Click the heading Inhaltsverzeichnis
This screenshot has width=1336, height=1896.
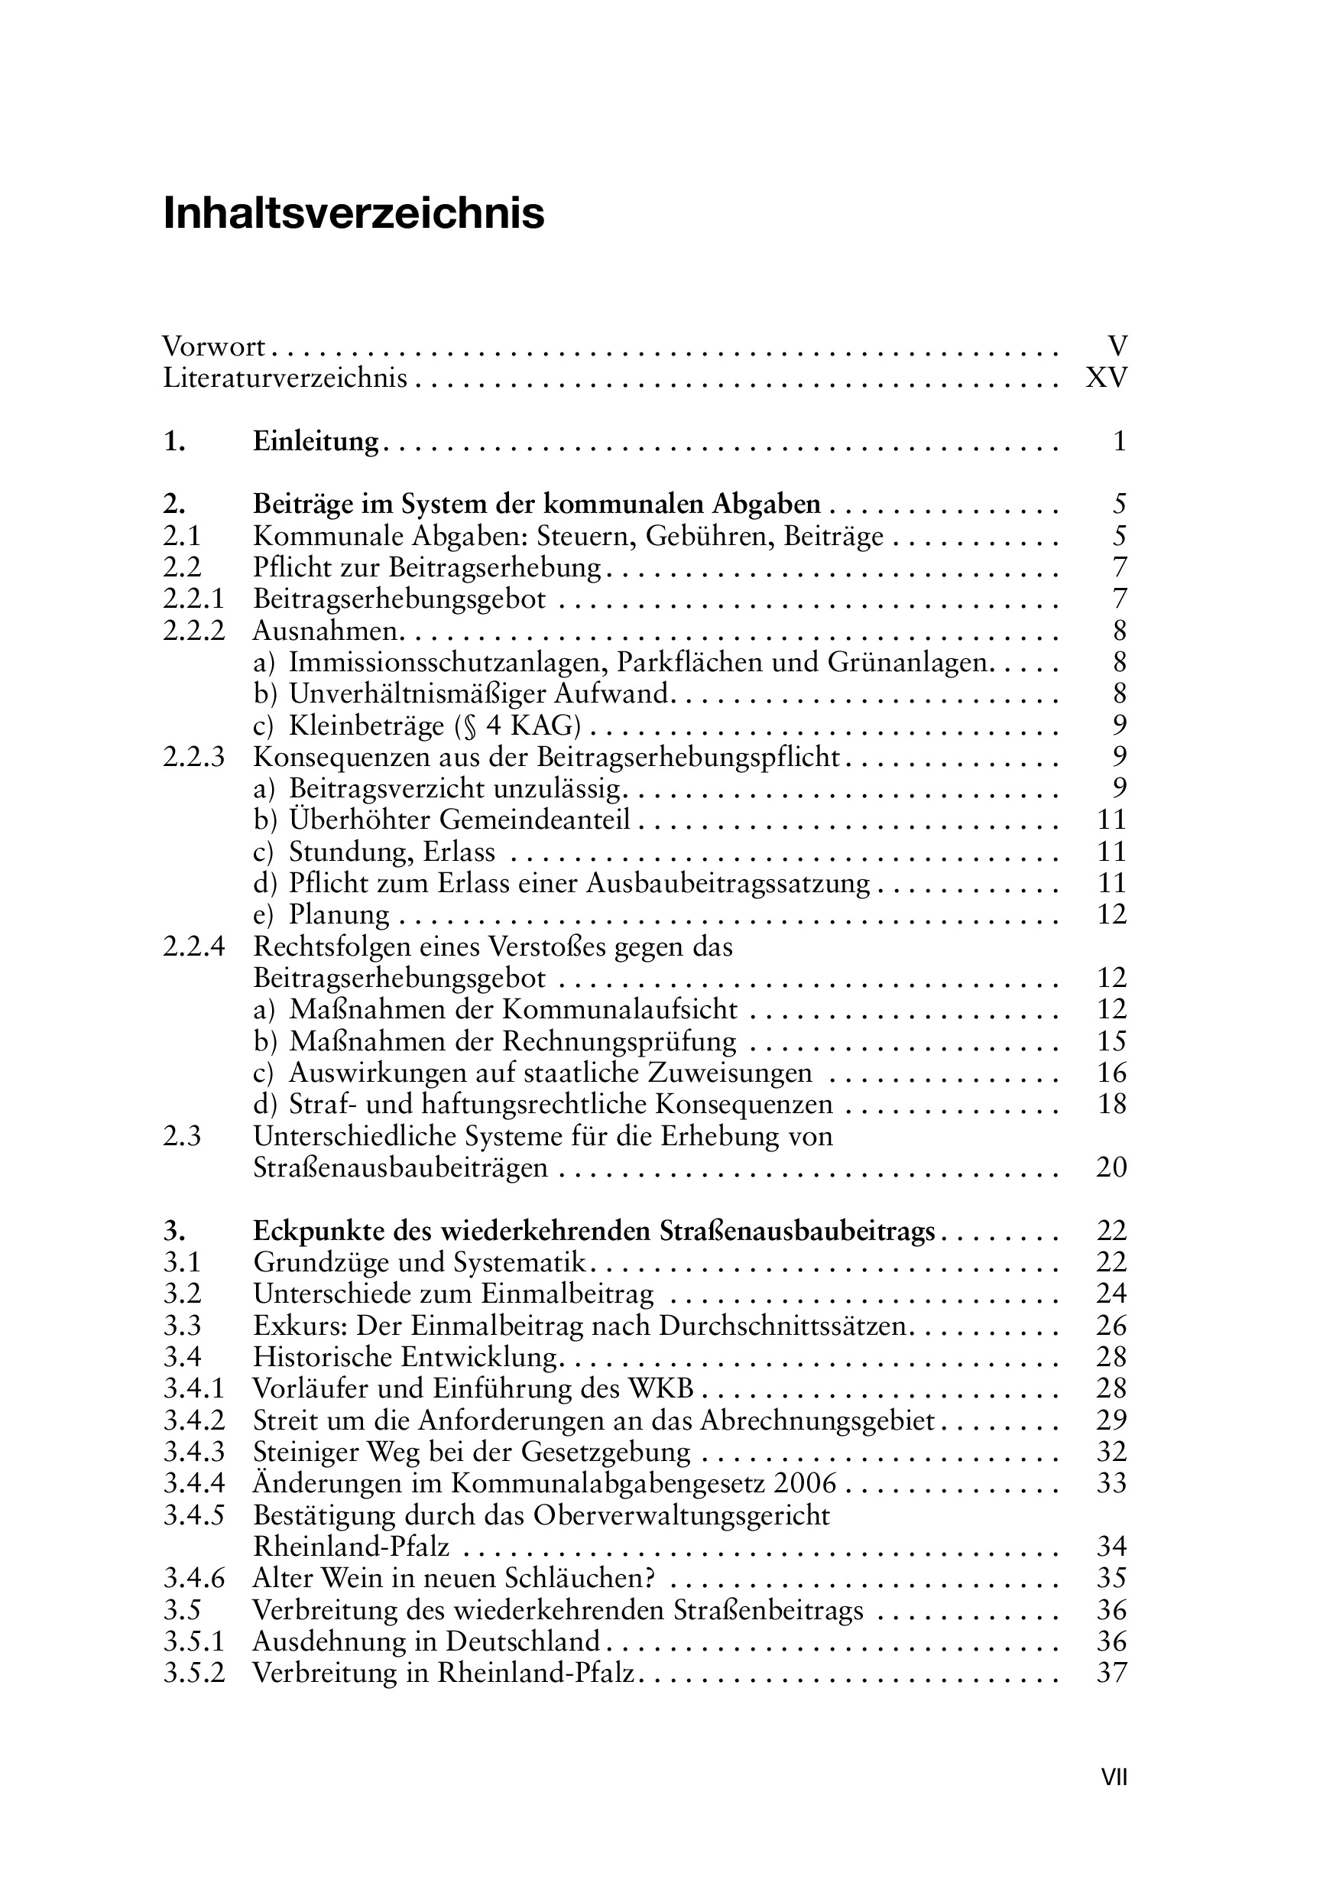353,214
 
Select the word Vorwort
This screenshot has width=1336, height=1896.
214,346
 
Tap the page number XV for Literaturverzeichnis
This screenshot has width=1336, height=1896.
1106,378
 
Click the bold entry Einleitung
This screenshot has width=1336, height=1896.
315,442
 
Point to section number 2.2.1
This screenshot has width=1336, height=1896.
193,599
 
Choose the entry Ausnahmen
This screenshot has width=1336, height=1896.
326,631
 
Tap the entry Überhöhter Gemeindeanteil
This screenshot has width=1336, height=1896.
459,820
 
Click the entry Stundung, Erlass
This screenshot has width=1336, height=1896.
391,852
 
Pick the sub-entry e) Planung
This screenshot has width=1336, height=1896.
321,915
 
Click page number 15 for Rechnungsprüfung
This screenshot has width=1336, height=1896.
1111,1041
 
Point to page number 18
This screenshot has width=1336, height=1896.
1111,1104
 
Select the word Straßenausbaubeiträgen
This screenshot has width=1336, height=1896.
400,1167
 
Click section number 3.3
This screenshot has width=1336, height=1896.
183,1326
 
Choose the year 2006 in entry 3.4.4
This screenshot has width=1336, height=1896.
805,1483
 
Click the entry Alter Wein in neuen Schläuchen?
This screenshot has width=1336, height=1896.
453,1578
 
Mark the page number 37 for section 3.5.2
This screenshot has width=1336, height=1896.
1111,1673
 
